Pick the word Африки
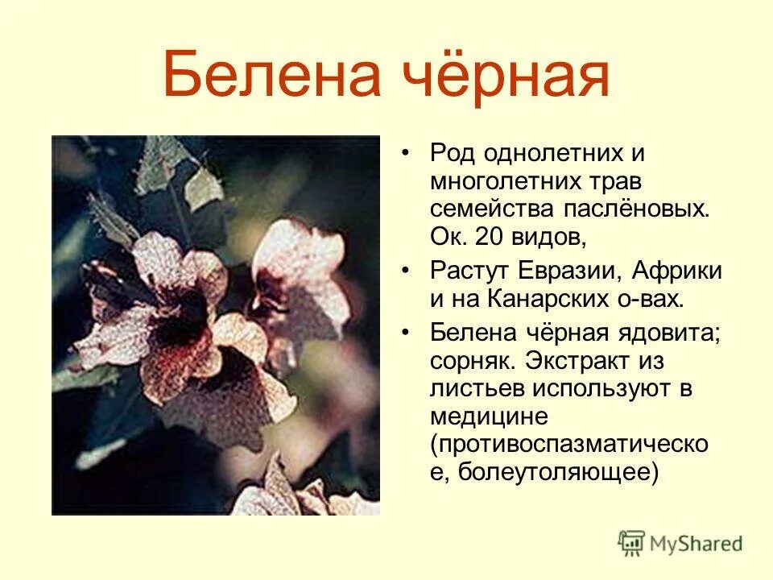click(677, 271)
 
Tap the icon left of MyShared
click(632, 544)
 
